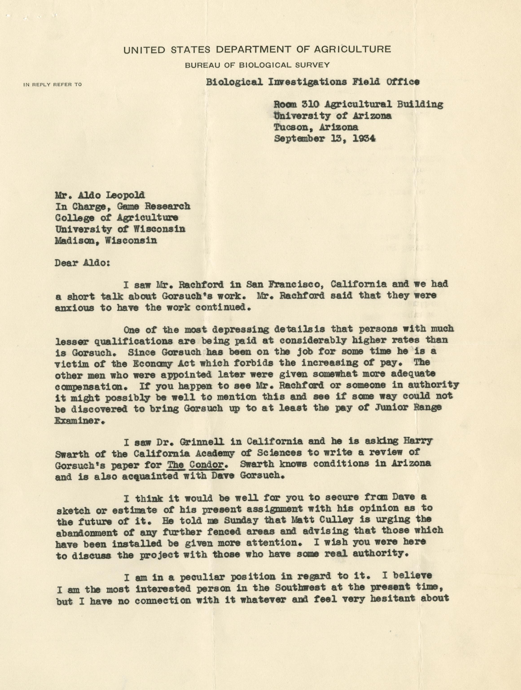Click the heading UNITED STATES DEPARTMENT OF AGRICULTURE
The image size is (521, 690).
point(257,50)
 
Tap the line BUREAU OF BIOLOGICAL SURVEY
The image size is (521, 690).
point(257,65)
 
